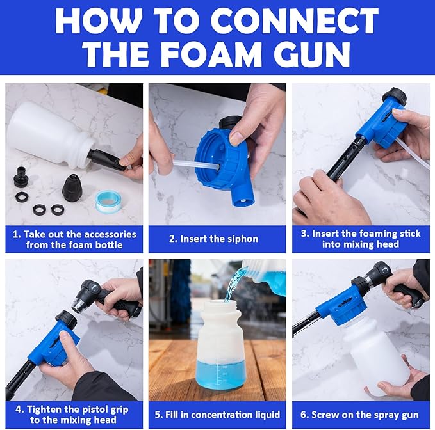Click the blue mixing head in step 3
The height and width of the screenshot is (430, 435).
click(x=383, y=124)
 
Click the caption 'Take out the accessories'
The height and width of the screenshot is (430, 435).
click(x=74, y=239)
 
